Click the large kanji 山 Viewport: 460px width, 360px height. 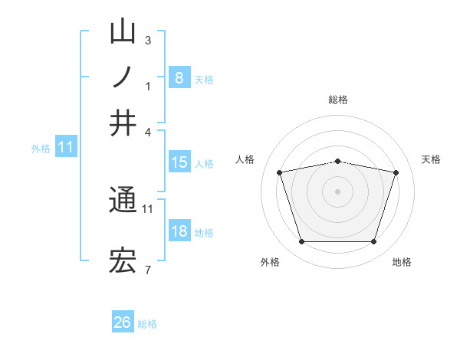point(123,33)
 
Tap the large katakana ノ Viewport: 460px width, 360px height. point(123,77)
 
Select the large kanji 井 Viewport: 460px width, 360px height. point(123,123)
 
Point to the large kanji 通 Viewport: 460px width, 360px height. point(123,201)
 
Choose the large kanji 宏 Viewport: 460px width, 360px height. point(123,262)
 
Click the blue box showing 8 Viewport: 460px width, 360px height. point(179,78)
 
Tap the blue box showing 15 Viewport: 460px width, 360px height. point(179,162)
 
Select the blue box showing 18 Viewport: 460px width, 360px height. point(179,231)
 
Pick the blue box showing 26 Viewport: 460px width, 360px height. point(123,322)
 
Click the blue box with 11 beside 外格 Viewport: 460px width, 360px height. point(66,147)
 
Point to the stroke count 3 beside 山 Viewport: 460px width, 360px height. point(148,41)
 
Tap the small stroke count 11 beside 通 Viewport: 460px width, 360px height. point(148,208)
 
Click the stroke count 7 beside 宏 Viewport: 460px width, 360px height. point(148,270)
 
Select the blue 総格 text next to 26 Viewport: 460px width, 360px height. point(147,324)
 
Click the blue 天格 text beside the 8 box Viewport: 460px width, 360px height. point(204,80)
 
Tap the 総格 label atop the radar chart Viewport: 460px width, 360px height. point(337,100)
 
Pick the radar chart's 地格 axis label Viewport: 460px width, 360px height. point(402,262)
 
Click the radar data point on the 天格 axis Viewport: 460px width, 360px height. point(396,172)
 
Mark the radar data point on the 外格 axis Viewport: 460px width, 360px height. point(301,242)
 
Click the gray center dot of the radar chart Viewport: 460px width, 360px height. point(337,191)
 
